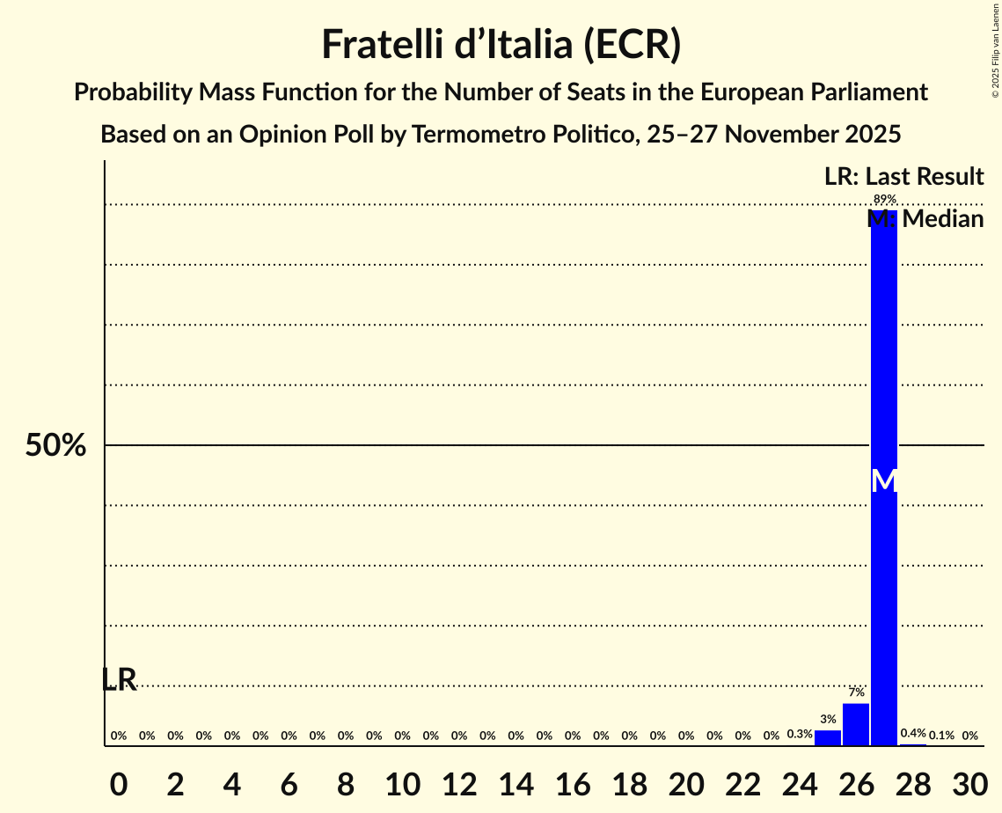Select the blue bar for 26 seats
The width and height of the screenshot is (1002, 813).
(855, 725)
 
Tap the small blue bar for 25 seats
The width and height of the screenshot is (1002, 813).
(827, 737)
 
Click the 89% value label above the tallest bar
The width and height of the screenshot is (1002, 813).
(884, 199)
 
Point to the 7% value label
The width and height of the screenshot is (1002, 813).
(856, 692)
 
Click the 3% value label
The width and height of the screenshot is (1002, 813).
(828, 719)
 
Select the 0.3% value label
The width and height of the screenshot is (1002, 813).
(799, 735)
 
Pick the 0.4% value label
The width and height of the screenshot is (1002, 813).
(913, 734)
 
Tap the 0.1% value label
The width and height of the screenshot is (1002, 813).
(941, 735)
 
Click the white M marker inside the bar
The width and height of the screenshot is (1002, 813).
(884, 480)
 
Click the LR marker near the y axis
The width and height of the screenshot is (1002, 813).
(119, 679)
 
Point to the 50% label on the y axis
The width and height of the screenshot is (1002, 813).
(55, 446)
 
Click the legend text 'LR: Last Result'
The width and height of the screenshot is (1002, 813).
(903, 177)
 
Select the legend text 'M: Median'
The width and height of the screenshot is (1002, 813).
(925, 219)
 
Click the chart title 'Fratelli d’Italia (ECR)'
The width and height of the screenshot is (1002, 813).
(501, 44)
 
